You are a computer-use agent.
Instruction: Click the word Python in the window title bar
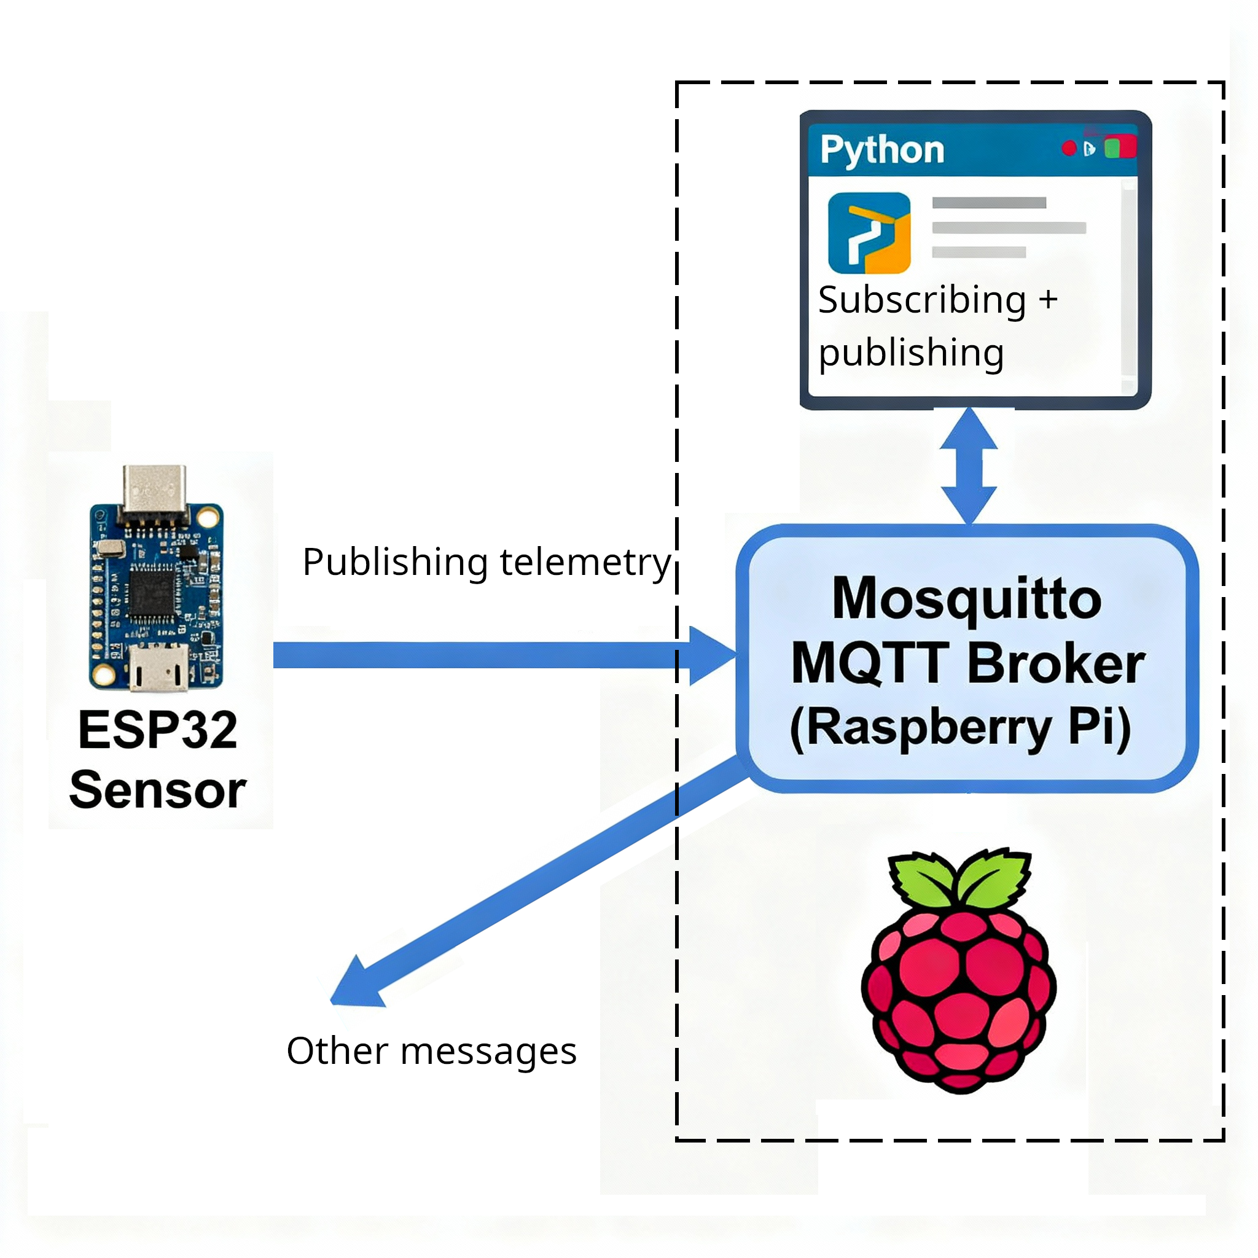pyautogui.click(x=881, y=150)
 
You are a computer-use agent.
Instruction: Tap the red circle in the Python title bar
pyautogui.click(x=1069, y=149)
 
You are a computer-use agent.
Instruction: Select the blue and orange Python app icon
pyautogui.click(x=869, y=232)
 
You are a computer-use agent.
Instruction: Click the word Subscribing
pyautogui.click(x=921, y=300)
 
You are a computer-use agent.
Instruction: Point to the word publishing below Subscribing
pyautogui.click(x=911, y=354)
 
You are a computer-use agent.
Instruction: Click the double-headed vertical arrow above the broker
pyautogui.click(x=968, y=466)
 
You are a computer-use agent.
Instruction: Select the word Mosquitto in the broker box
pyautogui.click(x=967, y=599)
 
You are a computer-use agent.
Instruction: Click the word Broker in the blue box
pyautogui.click(x=1055, y=663)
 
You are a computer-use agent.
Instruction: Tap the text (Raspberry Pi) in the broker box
pyautogui.click(x=961, y=727)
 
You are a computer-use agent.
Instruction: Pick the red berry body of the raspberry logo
pyautogui.click(x=958, y=996)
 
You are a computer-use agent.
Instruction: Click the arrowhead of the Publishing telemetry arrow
pyautogui.click(x=712, y=655)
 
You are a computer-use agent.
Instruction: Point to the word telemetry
pyautogui.click(x=585, y=562)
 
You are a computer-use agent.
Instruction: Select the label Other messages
pyautogui.click(x=431, y=1052)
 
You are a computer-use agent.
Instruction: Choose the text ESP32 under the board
pyautogui.click(x=158, y=730)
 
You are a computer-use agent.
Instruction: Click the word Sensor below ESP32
pyautogui.click(x=158, y=791)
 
